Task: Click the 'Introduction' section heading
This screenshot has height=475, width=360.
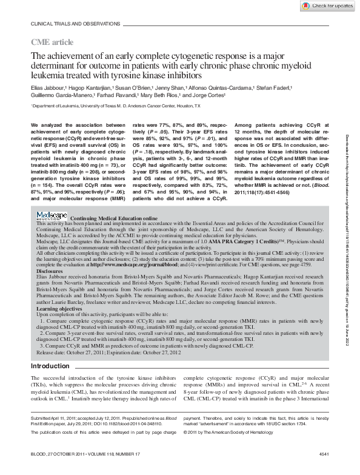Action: (x=50, y=366)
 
